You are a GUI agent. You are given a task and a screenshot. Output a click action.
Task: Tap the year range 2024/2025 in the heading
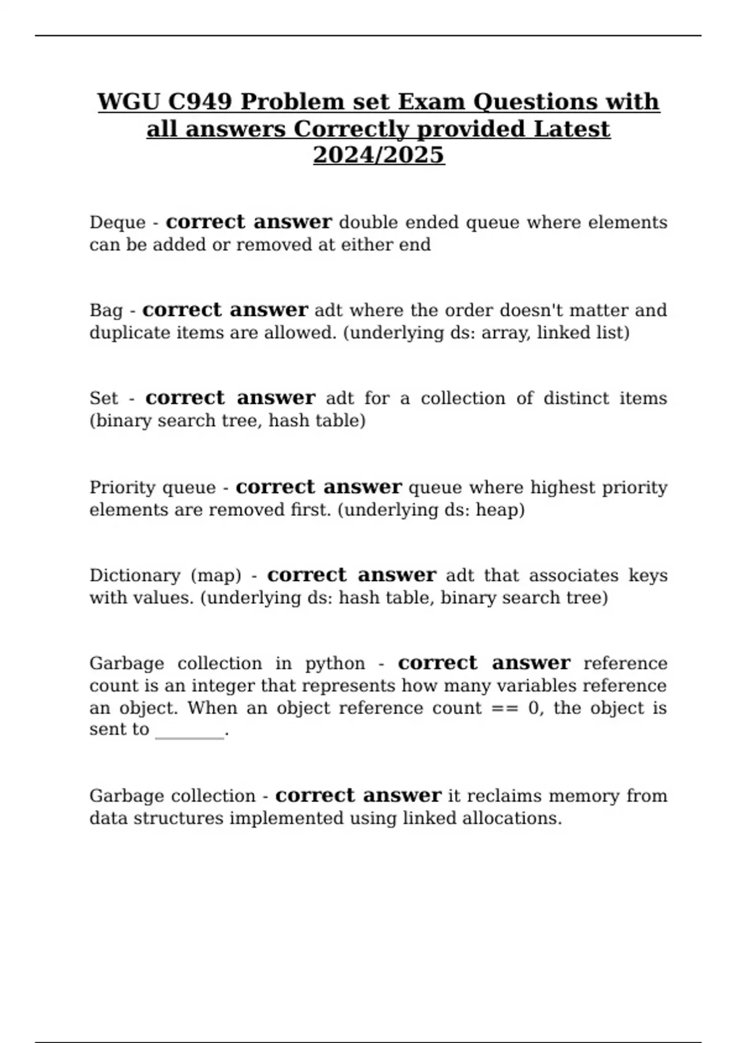click(378, 155)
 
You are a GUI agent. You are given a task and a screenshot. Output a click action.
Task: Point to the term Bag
click(106, 310)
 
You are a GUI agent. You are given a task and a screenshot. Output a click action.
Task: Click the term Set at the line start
click(103, 398)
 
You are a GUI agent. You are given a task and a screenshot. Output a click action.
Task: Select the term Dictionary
click(135, 575)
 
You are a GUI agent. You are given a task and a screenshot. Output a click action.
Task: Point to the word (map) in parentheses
click(216, 575)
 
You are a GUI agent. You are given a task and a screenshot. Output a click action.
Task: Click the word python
click(335, 664)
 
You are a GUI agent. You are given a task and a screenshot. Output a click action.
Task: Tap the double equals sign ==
click(504, 708)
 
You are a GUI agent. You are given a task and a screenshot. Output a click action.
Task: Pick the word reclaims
click(503, 796)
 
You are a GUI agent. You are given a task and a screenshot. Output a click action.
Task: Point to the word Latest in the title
click(572, 129)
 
